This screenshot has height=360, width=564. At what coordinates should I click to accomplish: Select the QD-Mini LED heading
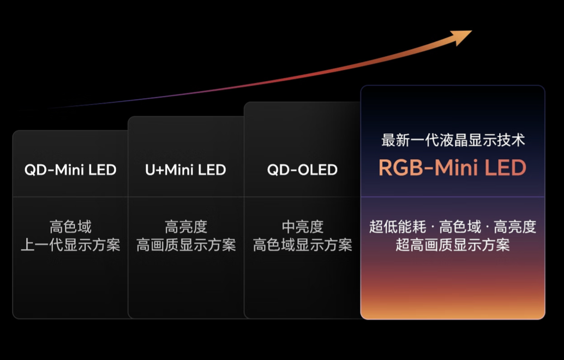[x=70, y=170]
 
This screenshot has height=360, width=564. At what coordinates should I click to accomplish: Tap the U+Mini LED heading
[x=185, y=170]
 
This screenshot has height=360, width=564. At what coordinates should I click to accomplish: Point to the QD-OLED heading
[x=302, y=170]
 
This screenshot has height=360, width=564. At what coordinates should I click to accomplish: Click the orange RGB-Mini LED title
[x=452, y=168]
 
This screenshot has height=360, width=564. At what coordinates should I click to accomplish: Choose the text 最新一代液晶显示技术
[x=453, y=140]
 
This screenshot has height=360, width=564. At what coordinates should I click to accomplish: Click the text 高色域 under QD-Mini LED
[x=70, y=226]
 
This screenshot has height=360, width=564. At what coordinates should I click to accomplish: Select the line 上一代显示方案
[x=70, y=245]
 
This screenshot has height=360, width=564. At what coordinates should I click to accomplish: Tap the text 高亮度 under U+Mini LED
[x=186, y=226]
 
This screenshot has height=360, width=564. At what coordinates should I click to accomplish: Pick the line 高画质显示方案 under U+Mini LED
[x=186, y=245]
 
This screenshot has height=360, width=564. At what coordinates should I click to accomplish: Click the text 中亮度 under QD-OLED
[x=302, y=226]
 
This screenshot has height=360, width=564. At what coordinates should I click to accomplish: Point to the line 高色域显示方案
[x=302, y=245]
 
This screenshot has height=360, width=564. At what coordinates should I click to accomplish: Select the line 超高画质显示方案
[x=452, y=245]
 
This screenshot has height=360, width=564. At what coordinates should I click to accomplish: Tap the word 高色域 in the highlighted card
[x=460, y=226]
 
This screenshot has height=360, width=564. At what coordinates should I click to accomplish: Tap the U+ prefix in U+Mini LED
[x=154, y=170]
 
